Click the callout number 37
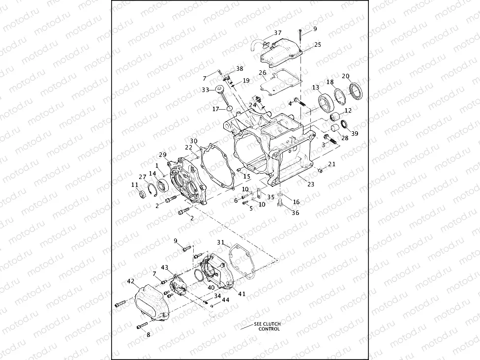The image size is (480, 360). [x=278, y=33]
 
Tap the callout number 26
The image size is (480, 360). [x=263, y=73]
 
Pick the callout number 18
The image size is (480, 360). [x=330, y=82]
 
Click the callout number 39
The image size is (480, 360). [x=355, y=133]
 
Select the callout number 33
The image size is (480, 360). [x=205, y=90]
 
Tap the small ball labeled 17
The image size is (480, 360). [x=229, y=108]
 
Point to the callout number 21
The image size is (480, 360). [x=332, y=164]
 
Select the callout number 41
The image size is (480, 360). [x=241, y=294]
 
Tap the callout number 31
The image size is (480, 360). [x=221, y=242]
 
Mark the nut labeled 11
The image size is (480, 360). [x=140, y=192]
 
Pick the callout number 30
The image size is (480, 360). [x=194, y=141]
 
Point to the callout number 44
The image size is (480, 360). [x=225, y=300]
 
